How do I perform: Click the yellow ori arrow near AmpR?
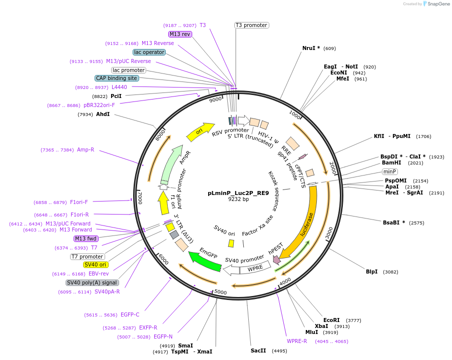pos(200,131)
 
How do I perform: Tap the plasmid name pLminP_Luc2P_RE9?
pos(238,193)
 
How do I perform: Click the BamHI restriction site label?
pos(391,162)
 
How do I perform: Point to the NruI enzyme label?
pos(311,48)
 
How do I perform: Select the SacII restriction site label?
pos(258,350)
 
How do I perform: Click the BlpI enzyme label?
pos(371,271)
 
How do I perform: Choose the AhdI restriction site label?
pos(103,114)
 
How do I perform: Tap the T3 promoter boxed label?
pos(251,25)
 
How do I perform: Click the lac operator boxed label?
pos(149,52)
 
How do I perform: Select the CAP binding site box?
pos(117,78)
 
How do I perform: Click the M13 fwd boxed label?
pos(86,238)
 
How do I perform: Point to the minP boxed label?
pos(390,171)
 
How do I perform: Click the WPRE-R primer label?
pos(297,341)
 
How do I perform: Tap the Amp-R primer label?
pos(86,149)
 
